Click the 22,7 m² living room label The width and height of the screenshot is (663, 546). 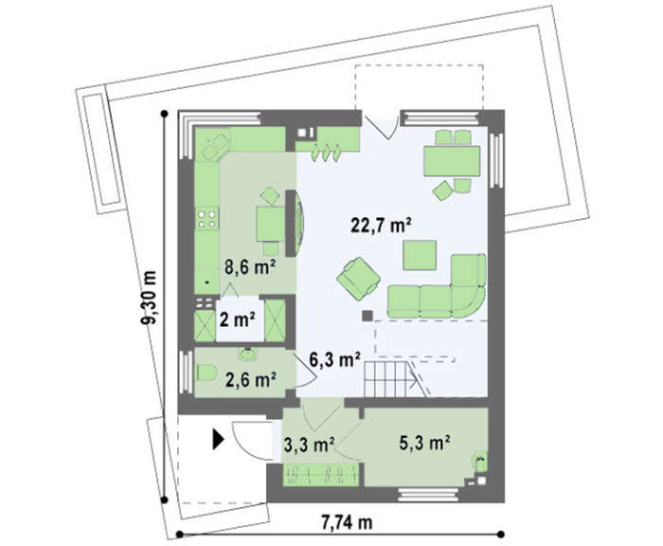tap(381, 225)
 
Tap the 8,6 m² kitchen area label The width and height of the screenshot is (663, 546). tap(250, 266)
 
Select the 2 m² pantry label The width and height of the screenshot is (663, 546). tap(237, 319)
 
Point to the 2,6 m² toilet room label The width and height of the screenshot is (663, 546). tap(251, 380)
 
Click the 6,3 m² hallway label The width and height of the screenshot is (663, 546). tap(334, 359)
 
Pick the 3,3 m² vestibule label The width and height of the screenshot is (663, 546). tap(310, 445)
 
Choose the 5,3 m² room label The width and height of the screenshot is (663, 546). tap(424, 443)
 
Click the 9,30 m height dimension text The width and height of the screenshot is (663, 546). tap(149, 297)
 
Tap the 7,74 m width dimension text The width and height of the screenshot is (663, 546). tap(348, 522)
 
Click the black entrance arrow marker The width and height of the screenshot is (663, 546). tap(217, 439)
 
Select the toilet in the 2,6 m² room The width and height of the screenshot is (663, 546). tap(206, 373)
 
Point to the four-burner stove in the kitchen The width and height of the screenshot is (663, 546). tap(206, 218)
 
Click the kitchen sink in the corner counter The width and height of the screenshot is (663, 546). tap(216, 145)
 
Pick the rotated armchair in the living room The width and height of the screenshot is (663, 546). tap(359, 279)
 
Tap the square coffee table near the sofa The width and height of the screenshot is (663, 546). tap(420, 255)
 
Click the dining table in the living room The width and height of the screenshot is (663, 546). tap(452, 161)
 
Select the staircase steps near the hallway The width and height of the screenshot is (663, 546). tap(389, 379)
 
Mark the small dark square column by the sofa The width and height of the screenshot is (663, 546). tap(367, 316)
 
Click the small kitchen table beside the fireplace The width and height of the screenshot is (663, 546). tap(270, 223)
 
